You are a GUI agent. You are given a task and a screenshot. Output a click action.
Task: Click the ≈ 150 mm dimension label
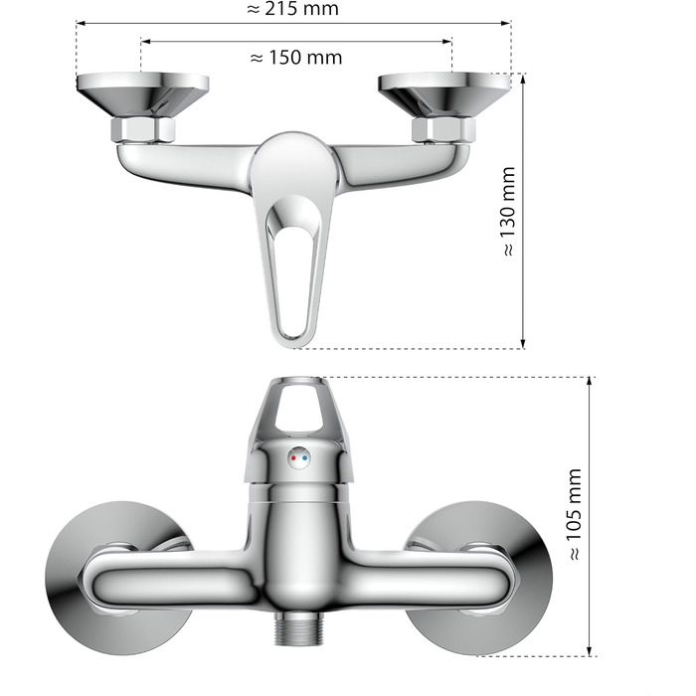click(295, 57)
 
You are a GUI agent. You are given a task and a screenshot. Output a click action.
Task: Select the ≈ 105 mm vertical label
click(574, 514)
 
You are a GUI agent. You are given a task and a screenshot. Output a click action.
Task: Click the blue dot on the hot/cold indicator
click(305, 458)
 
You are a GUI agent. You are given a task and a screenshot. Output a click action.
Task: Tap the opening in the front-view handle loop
click(295, 408)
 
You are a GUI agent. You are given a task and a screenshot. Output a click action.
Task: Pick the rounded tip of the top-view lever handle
click(295, 341)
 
